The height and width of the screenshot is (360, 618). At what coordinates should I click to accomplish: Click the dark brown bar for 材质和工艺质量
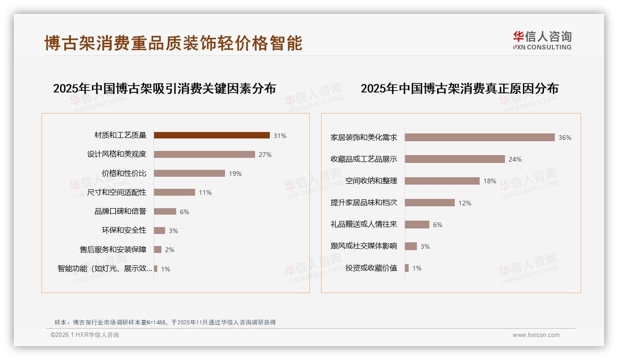click(212, 135)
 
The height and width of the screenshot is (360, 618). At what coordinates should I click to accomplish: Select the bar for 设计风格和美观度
click(204, 154)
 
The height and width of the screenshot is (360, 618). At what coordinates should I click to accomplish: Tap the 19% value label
click(235, 174)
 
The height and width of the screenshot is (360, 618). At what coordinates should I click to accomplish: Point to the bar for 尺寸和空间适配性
click(174, 192)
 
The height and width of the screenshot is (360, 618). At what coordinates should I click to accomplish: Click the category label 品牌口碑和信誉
click(120, 211)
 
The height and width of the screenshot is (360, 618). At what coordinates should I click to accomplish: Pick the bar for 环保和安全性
click(160, 230)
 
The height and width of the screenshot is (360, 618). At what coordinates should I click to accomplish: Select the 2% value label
click(170, 250)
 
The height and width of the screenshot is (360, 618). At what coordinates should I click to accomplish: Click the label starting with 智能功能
click(105, 269)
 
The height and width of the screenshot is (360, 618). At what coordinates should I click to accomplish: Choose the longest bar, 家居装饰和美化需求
click(480, 137)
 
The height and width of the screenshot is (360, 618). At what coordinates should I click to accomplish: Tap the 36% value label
click(565, 138)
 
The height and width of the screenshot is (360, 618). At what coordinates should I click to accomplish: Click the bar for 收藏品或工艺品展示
click(455, 159)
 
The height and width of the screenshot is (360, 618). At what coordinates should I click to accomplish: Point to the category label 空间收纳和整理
click(371, 180)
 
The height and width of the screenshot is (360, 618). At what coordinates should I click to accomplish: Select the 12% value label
click(465, 203)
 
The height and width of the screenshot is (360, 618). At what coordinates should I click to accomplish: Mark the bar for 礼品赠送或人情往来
click(417, 224)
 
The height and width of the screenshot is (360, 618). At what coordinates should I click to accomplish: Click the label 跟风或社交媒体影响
click(364, 246)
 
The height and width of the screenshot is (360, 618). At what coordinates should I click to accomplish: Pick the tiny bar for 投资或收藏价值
click(407, 268)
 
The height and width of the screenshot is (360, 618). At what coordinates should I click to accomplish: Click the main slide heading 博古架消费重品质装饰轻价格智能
click(173, 43)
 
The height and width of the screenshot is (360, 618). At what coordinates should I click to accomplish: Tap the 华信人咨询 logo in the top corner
click(542, 41)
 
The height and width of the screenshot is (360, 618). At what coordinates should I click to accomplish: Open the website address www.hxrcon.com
click(536, 335)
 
